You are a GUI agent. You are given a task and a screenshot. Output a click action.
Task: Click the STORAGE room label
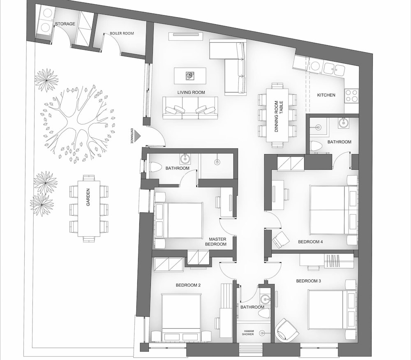click(x=65, y=24)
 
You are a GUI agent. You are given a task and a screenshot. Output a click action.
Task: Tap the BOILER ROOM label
click(x=122, y=33)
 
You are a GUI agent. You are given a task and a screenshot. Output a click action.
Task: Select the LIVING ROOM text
click(x=191, y=92)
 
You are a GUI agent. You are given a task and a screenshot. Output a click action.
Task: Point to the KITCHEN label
click(x=326, y=95)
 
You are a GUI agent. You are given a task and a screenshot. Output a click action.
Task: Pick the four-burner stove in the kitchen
click(x=351, y=95)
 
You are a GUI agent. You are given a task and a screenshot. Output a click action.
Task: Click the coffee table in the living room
click(x=190, y=76)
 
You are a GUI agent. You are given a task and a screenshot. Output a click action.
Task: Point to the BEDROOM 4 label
click(x=310, y=242)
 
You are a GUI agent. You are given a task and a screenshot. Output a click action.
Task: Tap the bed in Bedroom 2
click(x=181, y=317)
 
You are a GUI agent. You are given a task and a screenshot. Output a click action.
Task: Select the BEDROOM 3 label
click(x=309, y=281)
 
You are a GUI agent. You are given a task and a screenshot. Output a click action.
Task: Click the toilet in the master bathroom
click(x=155, y=167)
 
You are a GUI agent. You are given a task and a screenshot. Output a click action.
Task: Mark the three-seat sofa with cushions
click(x=190, y=108)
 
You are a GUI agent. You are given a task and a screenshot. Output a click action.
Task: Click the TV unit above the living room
click(x=186, y=37)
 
